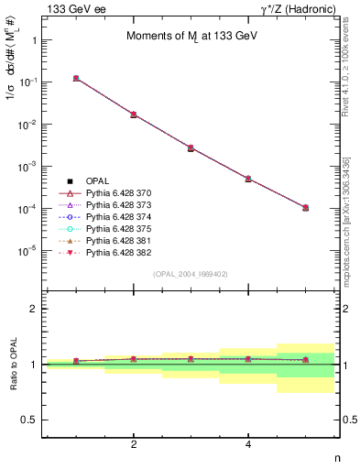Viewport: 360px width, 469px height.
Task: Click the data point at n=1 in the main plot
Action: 76,79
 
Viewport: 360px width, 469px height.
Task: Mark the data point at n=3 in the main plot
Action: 191,147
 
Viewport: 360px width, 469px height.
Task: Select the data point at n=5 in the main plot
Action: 305,208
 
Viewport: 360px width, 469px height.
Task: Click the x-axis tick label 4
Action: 248,444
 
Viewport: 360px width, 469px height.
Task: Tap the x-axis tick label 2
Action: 134,444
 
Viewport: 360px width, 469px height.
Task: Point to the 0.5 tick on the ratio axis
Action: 29,420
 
